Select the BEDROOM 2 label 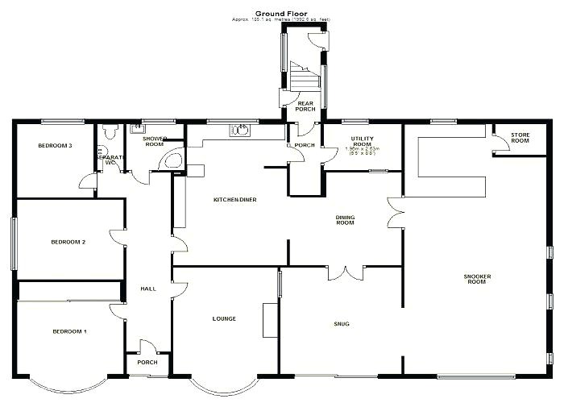[68, 242]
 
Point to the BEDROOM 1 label [69, 332]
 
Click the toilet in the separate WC [110, 131]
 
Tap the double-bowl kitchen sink [240, 131]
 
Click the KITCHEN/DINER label [234, 200]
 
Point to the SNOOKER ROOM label [477, 279]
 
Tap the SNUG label [342, 324]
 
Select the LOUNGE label [224, 319]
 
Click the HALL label [148, 289]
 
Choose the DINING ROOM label [345, 219]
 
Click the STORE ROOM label [520, 138]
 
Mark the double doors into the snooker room [395, 213]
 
